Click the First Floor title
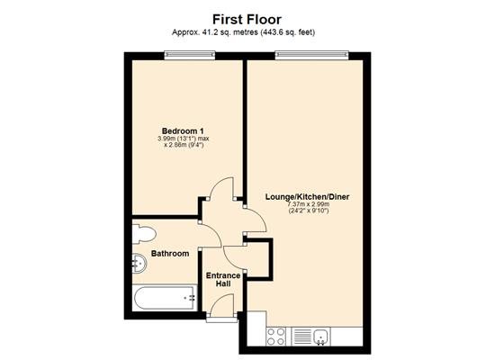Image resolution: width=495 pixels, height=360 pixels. click(247, 20)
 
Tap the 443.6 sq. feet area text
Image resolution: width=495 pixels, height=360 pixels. click(287, 32)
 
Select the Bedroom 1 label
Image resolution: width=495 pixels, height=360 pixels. click(183, 130)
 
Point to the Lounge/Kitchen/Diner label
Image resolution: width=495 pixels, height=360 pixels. click(307, 197)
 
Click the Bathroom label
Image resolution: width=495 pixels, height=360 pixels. click(170, 254)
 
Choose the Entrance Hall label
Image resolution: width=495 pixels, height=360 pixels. click(223, 280)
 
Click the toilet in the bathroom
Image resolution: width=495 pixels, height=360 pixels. click(144, 234)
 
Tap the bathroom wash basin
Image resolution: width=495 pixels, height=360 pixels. click(139, 264)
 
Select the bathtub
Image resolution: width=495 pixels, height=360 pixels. click(165, 298)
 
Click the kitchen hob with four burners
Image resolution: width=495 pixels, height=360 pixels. click(276, 337)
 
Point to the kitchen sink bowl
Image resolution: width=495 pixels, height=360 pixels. click(321, 337)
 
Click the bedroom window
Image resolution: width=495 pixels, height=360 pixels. click(190, 55)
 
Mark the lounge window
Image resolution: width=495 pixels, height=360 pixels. click(312, 55)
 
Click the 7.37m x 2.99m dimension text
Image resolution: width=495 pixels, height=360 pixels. click(309, 204)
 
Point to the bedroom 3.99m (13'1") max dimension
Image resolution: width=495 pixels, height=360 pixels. click(184, 139)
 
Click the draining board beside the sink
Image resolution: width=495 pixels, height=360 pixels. click(302, 337)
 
